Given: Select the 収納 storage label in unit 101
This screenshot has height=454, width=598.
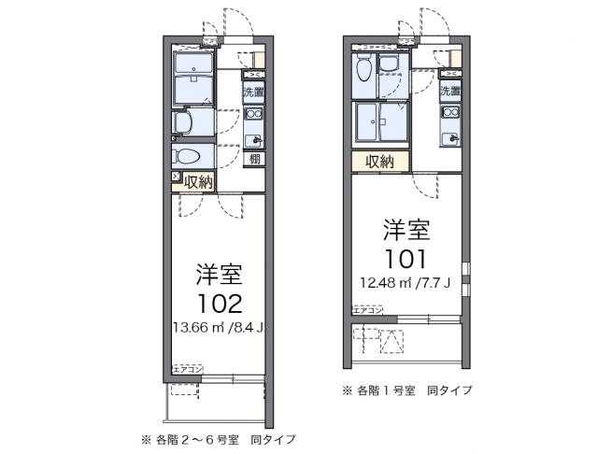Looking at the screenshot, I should (x=379, y=161).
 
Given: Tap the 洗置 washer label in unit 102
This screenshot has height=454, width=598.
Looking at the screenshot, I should (x=253, y=92).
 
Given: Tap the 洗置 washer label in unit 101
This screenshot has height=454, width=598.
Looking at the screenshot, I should (x=450, y=92).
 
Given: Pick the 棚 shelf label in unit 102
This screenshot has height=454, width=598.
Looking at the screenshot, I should (x=253, y=159).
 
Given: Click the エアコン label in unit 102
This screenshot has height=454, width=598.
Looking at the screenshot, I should (x=186, y=370).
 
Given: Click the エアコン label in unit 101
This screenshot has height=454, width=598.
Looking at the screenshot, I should (x=365, y=308).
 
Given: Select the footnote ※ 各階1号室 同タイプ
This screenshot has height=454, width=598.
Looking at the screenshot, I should (x=406, y=390).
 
